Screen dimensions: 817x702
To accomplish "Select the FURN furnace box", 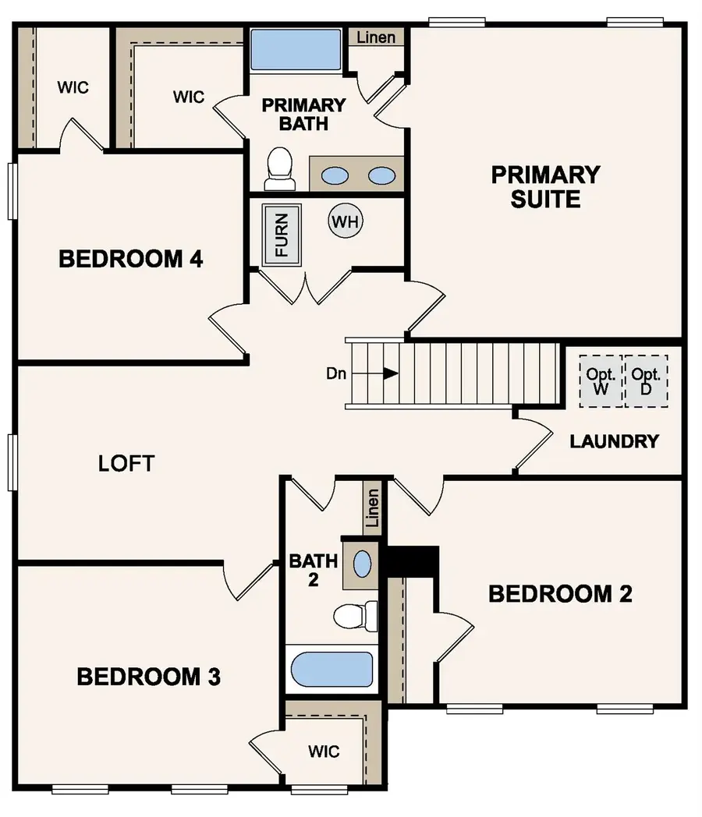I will tap(282, 235).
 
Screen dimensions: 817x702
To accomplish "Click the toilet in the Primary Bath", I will tap(279, 169).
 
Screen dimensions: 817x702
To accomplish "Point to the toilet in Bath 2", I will tap(355, 615).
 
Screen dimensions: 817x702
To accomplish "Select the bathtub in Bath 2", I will tap(331, 669).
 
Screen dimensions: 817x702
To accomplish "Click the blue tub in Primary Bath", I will tap(296, 51).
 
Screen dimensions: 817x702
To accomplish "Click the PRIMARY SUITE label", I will tap(545, 186).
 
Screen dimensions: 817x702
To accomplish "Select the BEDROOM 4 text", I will tap(131, 259).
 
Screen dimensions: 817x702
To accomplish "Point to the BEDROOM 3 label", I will tap(148, 677).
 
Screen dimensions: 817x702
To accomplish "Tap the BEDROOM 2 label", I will tap(560, 594).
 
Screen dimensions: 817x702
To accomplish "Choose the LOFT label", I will tap(126, 463).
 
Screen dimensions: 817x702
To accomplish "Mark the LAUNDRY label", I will tap(614, 441).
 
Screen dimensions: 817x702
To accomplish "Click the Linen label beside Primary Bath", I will tap(376, 37).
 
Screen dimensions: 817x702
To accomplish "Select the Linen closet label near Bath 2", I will tap(372, 508).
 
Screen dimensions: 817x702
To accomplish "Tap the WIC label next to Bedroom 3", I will tap(323, 752).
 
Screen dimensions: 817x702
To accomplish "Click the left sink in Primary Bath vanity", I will tap(336, 175).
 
